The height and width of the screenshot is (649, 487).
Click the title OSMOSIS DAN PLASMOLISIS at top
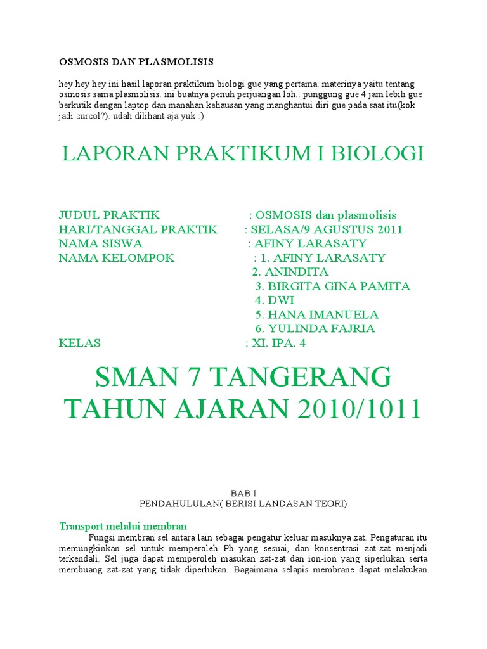point(136,62)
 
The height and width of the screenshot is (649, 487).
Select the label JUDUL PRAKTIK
point(109,215)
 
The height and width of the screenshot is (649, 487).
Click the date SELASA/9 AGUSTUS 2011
point(327,229)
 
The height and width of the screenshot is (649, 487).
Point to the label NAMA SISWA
point(100,243)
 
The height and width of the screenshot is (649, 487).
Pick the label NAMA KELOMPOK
point(116,258)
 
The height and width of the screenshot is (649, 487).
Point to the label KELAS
point(79,343)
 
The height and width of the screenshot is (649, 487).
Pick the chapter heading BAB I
point(243,493)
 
